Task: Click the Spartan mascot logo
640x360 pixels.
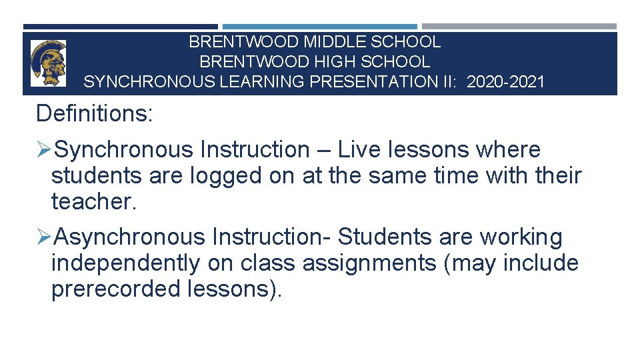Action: point(48,63)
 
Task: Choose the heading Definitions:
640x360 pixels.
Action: point(95,113)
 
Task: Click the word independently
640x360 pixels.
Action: point(125,263)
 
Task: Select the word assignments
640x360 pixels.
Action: point(368,263)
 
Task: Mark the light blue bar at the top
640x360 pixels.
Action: point(319,27)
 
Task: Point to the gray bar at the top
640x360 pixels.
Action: point(519,27)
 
